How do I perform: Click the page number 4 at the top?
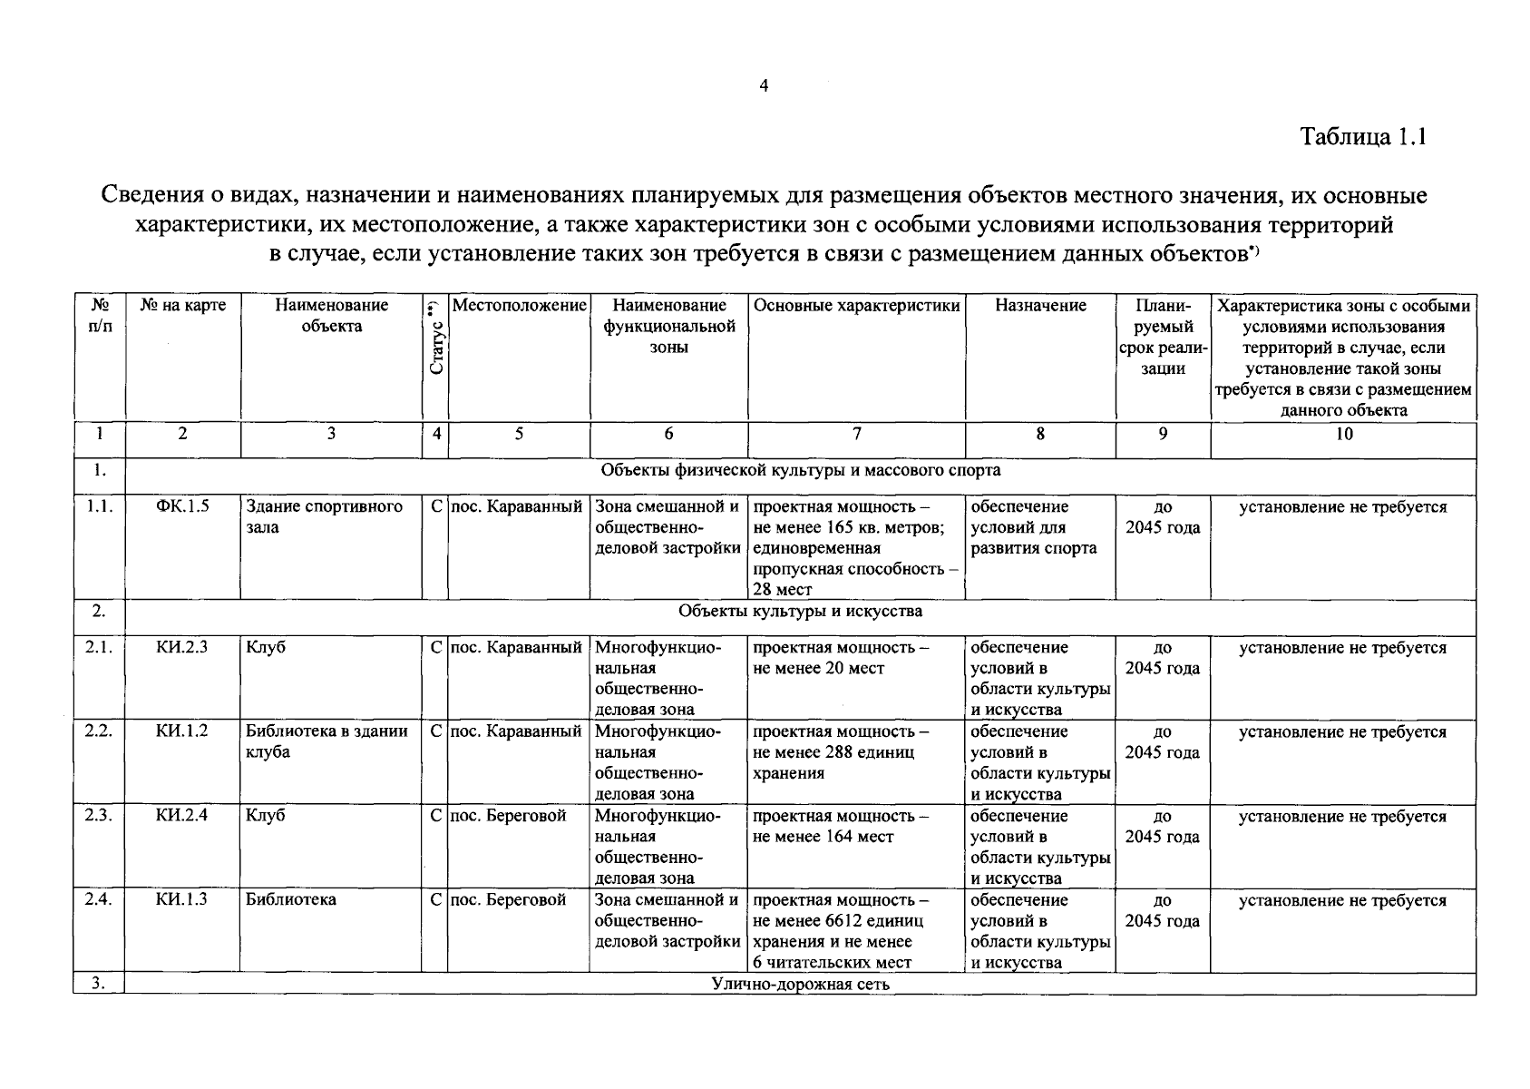tap(763, 86)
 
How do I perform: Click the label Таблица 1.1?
tap(1363, 137)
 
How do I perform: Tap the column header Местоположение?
tap(519, 306)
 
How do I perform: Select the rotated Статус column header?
tap(435, 338)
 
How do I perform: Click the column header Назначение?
tap(1040, 306)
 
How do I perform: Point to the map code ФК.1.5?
tap(182, 506)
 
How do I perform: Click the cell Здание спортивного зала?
tap(324, 516)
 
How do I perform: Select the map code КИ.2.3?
tap(181, 647)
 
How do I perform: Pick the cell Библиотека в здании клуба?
tap(326, 741)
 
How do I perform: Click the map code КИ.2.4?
tap(181, 815)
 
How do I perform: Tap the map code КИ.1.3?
tap(181, 899)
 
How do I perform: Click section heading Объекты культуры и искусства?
tap(800, 611)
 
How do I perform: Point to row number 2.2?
tap(98, 731)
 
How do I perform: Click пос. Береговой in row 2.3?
tap(508, 816)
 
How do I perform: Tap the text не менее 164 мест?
tap(823, 837)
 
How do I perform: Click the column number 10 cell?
tap(1343, 434)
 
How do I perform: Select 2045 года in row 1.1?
tap(1162, 527)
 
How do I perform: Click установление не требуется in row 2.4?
tap(1342, 900)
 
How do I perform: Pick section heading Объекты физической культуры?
tap(800, 470)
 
